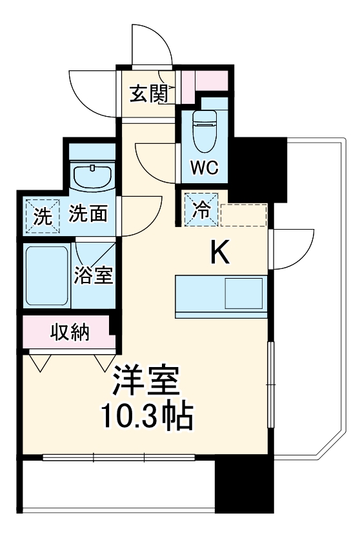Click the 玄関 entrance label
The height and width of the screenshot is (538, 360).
tap(149, 94)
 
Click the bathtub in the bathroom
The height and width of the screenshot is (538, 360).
tap(46, 275)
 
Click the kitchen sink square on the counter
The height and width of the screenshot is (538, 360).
tap(243, 294)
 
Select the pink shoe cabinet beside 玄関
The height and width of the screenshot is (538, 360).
tap(212, 80)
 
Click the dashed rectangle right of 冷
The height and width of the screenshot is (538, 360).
tap(243, 214)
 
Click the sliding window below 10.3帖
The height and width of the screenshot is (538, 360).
tap(119, 458)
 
